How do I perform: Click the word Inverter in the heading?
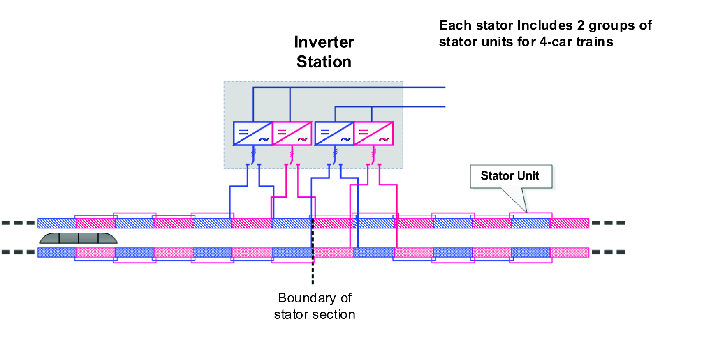click(324, 42)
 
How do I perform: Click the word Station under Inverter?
click(324, 62)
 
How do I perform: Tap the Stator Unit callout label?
click(510, 176)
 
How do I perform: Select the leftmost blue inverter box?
click(253, 134)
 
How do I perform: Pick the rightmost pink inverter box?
click(374, 134)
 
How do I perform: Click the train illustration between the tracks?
click(79, 238)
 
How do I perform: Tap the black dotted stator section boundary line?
click(313, 271)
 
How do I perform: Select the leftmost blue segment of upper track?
click(57, 224)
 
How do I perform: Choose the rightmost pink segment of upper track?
click(570, 224)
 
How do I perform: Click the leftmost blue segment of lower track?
click(57, 252)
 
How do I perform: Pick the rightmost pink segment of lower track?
click(570, 252)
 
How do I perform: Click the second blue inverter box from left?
click(334, 134)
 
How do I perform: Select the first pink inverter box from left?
click(292, 134)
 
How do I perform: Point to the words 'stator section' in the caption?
click(315, 315)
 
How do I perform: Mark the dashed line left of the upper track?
click(19, 223)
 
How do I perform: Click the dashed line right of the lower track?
click(608, 252)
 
